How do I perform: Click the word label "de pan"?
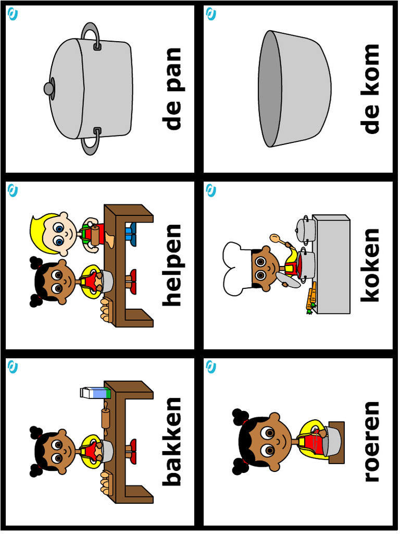172,89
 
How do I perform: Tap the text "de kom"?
371,89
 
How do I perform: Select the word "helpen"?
172,265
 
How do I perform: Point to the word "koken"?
371,265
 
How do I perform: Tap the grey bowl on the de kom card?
294,89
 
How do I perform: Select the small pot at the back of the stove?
303,228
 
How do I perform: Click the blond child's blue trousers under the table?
131,234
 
